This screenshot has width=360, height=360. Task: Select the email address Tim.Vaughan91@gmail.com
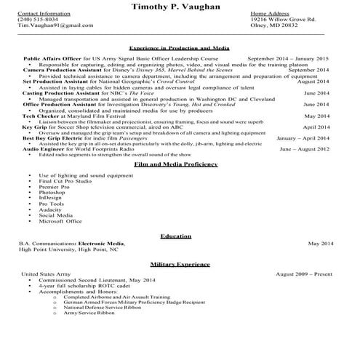click(x=49, y=25)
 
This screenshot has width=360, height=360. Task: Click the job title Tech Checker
click(x=39, y=116)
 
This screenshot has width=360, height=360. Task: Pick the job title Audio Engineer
click(x=45, y=149)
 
